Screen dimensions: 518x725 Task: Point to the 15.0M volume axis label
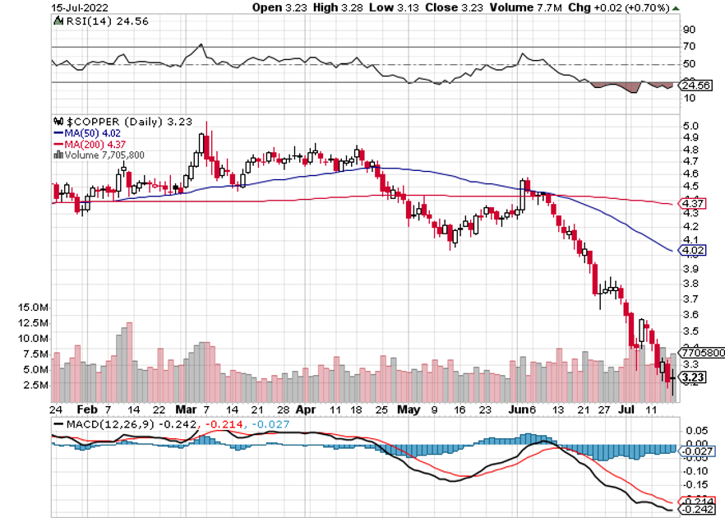pyautogui.click(x=33, y=307)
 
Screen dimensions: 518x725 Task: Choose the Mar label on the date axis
pyautogui.click(x=187, y=408)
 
